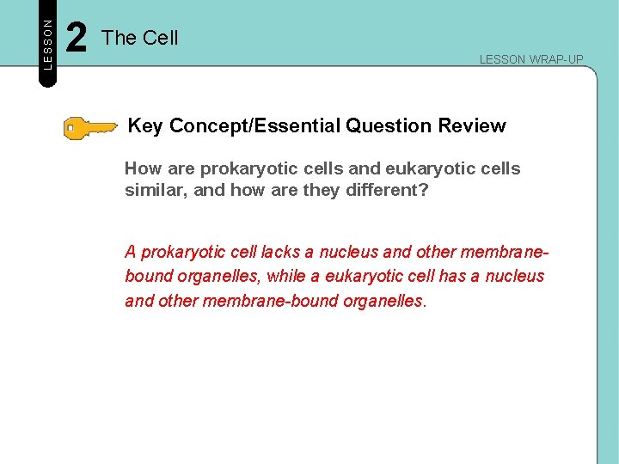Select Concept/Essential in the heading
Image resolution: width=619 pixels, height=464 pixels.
[x=255, y=126]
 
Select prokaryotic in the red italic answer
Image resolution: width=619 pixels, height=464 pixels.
[x=181, y=252]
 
